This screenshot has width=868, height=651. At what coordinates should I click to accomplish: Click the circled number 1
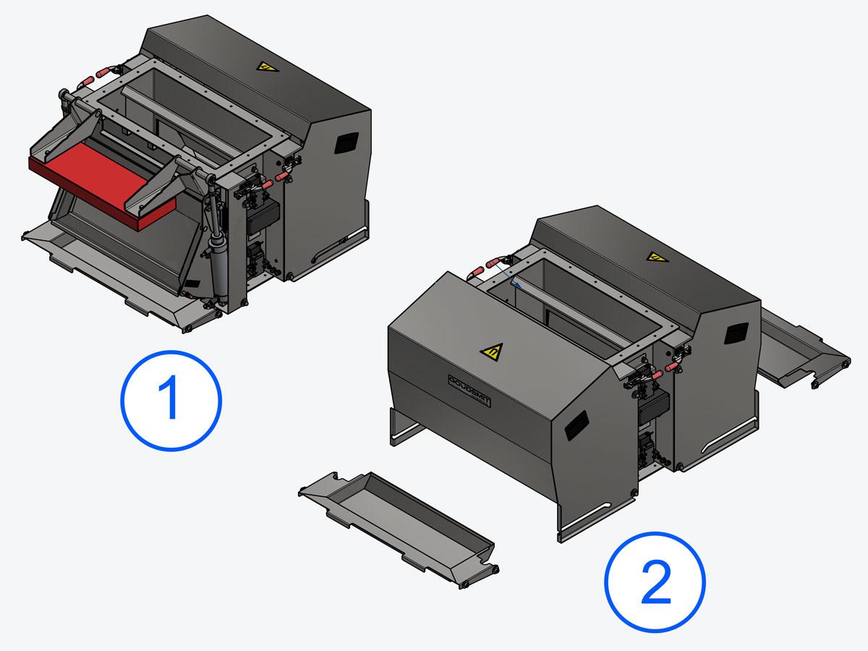click(171, 401)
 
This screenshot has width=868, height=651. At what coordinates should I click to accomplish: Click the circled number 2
click(655, 582)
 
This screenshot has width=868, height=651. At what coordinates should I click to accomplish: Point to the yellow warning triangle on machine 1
click(267, 67)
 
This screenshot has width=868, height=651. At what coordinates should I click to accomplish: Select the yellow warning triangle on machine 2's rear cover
click(658, 258)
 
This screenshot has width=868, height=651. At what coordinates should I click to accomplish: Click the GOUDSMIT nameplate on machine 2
click(469, 391)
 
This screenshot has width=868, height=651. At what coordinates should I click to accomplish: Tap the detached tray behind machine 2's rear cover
click(803, 348)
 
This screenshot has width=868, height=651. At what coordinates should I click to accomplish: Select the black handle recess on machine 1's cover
click(346, 142)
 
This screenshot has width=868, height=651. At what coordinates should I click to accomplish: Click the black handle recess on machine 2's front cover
click(576, 425)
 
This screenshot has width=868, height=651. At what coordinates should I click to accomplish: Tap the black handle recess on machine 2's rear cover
click(736, 333)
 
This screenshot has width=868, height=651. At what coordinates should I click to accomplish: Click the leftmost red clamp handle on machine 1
click(86, 84)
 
